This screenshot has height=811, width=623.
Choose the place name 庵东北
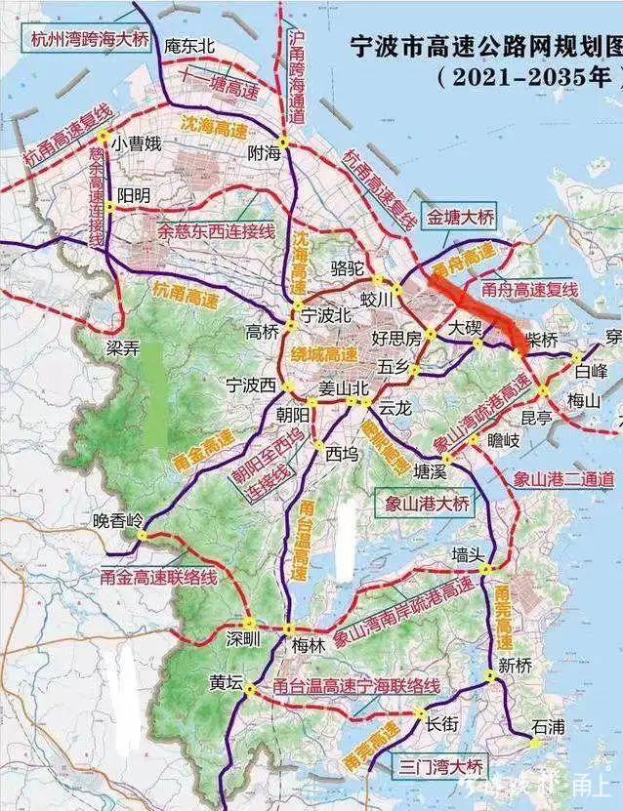tap(189, 44)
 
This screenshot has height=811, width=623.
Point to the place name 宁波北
tap(325, 315)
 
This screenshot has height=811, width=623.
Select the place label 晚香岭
tap(117, 520)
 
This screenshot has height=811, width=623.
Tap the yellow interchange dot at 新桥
tap(489, 675)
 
